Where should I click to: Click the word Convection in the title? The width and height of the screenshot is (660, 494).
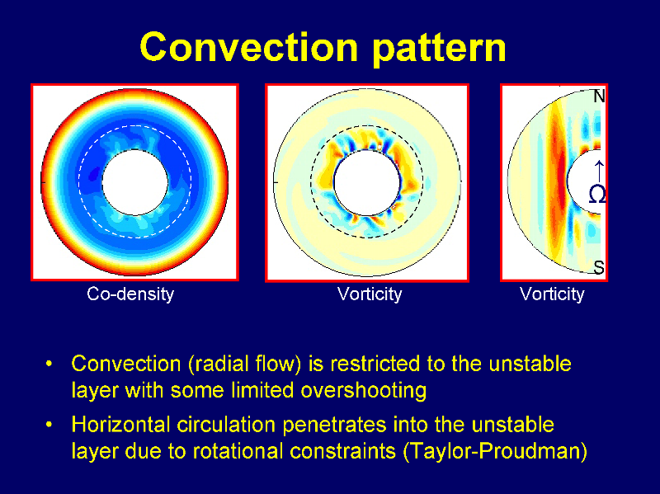[249, 47]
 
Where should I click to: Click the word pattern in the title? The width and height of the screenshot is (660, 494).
[439, 49]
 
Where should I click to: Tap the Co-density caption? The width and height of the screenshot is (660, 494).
[130, 294]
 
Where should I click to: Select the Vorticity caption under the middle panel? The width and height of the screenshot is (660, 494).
[370, 294]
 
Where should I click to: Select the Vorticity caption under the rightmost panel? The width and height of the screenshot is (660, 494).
[552, 294]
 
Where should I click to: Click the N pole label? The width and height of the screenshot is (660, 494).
[599, 96]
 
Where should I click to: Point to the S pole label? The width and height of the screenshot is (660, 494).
[599, 267]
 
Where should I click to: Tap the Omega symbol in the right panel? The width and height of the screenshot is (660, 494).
[597, 195]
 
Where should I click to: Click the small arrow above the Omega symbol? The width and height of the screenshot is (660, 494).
[599, 171]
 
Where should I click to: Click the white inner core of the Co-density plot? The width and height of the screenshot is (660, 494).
[135, 182]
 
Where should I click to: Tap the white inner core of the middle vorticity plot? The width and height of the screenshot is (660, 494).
[366, 183]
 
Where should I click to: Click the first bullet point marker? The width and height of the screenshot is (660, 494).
[49, 364]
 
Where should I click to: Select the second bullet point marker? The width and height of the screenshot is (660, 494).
[49, 425]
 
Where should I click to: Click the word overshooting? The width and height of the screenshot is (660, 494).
[363, 390]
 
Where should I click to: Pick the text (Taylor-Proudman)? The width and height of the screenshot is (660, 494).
[495, 451]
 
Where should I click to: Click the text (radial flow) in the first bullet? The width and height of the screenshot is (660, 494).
[244, 364]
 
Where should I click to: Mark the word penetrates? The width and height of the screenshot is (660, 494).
[334, 425]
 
